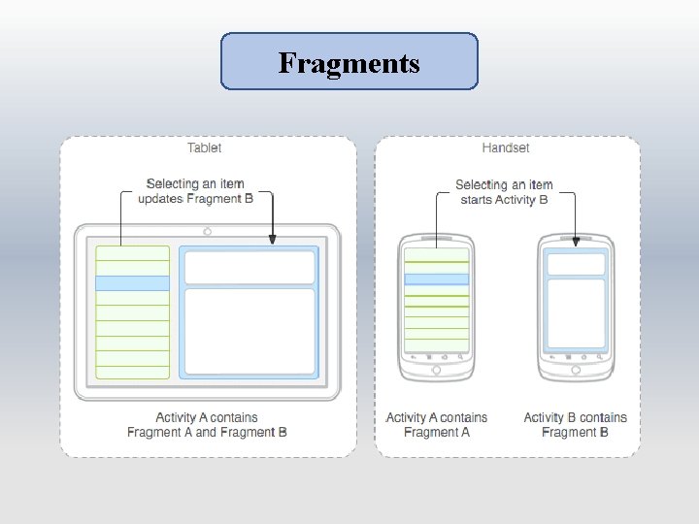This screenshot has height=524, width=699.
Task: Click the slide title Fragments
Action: pyautogui.click(x=349, y=63)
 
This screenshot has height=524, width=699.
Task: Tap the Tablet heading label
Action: pyautogui.click(x=204, y=148)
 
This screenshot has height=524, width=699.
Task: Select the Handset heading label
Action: pyautogui.click(x=506, y=148)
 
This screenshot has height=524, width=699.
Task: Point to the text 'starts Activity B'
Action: pyautogui.click(x=504, y=200)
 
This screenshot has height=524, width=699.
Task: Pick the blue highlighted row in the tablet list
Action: pyautogui.click(x=132, y=283)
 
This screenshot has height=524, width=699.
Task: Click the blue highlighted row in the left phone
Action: pyautogui.click(x=436, y=279)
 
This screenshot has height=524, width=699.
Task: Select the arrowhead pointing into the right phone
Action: pyautogui.click(x=577, y=239)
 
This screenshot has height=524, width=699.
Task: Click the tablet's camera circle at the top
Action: pyautogui.click(x=207, y=232)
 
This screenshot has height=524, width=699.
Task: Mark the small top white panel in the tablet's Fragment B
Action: pyautogui.click(x=250, y=267)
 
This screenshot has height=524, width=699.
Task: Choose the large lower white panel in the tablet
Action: pyautogui.click(x=250, y=330)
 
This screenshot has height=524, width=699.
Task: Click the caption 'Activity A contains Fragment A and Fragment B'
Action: pyautogui.click(x=207, y=425)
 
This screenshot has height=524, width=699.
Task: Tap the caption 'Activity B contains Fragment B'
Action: pyautogui.click(x=575, y=425)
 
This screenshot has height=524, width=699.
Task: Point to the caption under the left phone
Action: pyautogui.click(x=437, y=425)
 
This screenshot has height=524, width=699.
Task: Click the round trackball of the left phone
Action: pyautogui.click(x=436, y=370)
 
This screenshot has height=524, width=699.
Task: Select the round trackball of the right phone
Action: pyautogui.click(x=577, y=370)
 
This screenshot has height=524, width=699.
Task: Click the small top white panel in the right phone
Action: pyautogui.click(x=577, y=263)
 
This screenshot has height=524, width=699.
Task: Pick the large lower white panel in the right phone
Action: pyautogui.click(x=577, y=311)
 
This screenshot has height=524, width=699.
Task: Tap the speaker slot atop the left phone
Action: pyautogui.click(x=436, y=239)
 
